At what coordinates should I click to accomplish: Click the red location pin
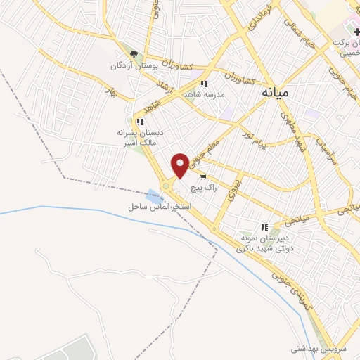pyautogui.click(x=180, y=165)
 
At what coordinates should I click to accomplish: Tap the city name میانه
pyautogui.click(x=274, y=91)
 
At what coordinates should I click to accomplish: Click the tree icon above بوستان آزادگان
pyautogui.click(x=134, y=54)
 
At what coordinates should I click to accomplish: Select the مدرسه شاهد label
pyautogui.click(x=204, y=94)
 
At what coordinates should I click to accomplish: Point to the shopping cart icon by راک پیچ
pyautogui.click(x=203, y=177)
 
